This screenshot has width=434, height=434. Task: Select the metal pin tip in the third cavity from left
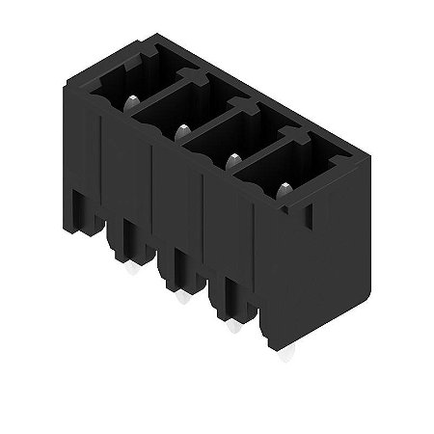pos(231,160)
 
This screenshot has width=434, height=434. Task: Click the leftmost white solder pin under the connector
pos(129,271)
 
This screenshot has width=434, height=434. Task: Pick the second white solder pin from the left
pos(179,301)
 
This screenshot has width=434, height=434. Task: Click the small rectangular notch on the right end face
pos(311,218)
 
